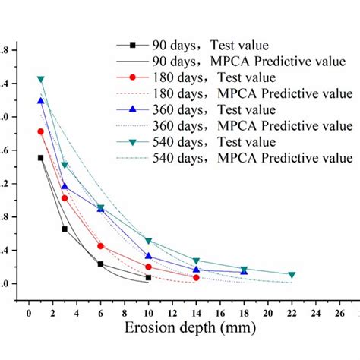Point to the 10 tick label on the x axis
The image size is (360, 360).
148,312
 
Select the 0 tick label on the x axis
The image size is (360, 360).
29,312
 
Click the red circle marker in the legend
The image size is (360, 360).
133,77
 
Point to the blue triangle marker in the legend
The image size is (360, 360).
133,109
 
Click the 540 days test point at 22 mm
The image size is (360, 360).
292,275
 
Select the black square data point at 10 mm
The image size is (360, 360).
148,278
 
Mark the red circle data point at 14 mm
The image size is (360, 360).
196,278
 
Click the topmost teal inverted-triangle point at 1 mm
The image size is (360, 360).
41,79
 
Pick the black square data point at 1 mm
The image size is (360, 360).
41,158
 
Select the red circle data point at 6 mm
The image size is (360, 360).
100,246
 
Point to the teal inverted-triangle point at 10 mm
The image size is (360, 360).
148,241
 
